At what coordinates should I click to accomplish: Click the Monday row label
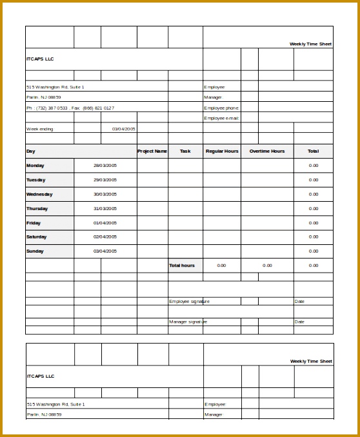pos(36,166)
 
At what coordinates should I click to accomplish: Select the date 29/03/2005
pos(105,180)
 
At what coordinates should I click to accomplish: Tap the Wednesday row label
pos(39,194)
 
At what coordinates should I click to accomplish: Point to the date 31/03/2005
pos(105,208)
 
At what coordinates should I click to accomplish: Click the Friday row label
pos(34,223)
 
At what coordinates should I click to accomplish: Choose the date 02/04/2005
pos(105,237)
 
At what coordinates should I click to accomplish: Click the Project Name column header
pos(152,151)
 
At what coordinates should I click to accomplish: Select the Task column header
pos(185,151)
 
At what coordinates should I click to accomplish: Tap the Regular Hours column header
pos(222,151)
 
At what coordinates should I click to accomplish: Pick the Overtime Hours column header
pos(267,151)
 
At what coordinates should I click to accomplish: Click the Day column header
pos(31,151)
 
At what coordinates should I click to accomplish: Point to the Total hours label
pos(182,266)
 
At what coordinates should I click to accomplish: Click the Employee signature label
pos(189,301)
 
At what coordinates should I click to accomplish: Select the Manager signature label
pos(188,322)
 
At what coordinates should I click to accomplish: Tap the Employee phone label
pos(221,108)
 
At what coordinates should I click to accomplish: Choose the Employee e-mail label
pos(221,118)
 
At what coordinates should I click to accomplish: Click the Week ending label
pos(40,129)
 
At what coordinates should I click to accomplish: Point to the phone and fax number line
pos(70,108)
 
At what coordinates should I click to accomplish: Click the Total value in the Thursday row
pos(314,208)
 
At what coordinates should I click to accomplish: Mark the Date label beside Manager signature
pos(299,322)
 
